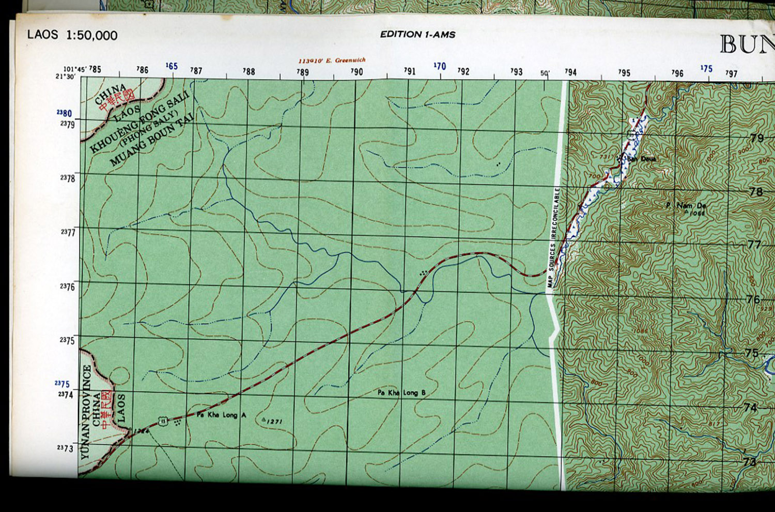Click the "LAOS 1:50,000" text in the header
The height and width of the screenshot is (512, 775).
coord(72,35)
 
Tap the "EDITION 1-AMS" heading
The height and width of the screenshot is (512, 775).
coord(417,35)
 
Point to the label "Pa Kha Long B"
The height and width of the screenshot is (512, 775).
coord(401,393)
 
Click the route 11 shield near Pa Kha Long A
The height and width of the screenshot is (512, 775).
coord(163,421)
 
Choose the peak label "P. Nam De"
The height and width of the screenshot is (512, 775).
coord(686,206)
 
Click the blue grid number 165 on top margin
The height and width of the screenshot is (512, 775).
coord(172,66)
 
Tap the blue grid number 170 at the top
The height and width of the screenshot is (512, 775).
coord(440,66)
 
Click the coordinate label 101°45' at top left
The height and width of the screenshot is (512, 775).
coord(74,69)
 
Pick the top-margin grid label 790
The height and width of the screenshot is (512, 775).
coord(357,72)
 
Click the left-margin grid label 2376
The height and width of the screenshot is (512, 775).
coord(67,287)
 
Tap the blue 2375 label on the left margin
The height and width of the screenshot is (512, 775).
coord(62,384)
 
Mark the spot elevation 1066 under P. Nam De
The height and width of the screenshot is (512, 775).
coord(698,212)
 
